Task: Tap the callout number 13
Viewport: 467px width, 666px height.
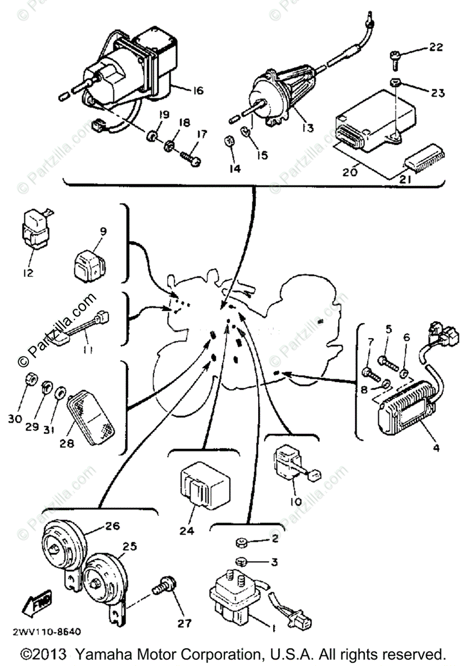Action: tap(307, 128)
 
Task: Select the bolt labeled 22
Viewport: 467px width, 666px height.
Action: tap(395, 56)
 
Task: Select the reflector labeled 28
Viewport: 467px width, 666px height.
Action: tap(91, 413)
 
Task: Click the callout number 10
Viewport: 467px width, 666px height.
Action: tap(295, 501)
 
